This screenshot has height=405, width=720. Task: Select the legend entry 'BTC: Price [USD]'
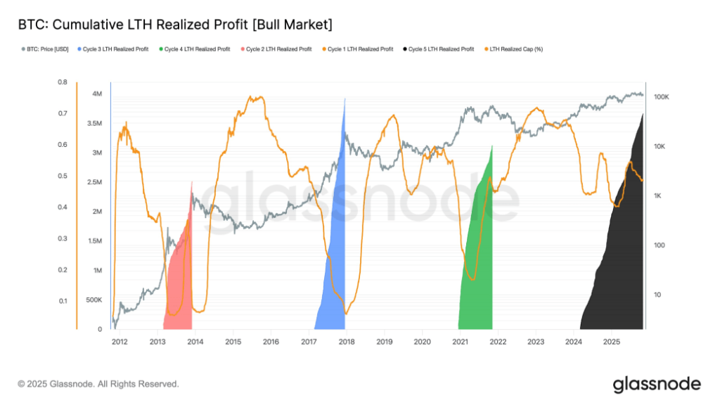(x=48, y=49)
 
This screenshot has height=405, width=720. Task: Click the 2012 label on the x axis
(x=119, y=342)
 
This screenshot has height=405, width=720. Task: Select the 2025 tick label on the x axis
(x=611, y=342)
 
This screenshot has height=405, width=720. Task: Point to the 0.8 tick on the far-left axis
(x=63, y=82)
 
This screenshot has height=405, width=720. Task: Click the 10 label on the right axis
(x=658, y=295)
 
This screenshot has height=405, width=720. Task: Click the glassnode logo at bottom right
(x=656, y=384)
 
